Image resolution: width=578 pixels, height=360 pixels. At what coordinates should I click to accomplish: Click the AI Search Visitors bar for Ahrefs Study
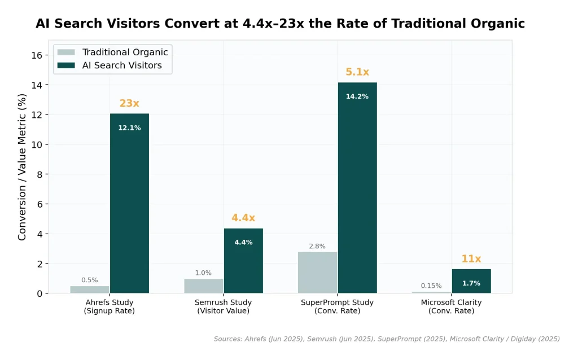(129, 203)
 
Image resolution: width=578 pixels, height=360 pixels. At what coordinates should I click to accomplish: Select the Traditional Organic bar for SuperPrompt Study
(317, 273)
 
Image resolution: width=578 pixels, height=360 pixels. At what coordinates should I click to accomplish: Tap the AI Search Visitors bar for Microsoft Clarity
(471, 281)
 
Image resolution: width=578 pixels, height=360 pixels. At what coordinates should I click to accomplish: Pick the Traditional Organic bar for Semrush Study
(203, 286)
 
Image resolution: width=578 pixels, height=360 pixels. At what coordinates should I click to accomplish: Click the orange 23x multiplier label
(129, 104)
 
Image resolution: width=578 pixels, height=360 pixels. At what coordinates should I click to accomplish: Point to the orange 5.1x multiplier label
(357, 72)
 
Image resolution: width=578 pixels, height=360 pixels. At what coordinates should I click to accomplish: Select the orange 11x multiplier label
(471, 260)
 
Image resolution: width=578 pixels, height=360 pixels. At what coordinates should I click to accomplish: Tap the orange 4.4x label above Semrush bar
(243, 218)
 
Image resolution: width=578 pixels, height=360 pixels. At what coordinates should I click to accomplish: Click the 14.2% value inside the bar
(357, 96)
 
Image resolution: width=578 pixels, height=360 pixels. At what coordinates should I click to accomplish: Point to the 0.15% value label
(431, 286)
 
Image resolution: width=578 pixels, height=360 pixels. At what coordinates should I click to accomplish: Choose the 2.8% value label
(317, 247)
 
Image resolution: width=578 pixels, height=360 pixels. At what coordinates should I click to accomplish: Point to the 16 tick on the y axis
(37, 55)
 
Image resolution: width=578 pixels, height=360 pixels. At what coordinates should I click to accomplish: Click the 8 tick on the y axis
(40, 174)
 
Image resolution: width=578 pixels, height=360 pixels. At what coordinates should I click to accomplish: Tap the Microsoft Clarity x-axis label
(451, 306)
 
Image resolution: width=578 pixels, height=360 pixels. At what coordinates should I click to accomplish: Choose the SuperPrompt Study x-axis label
(337, 306)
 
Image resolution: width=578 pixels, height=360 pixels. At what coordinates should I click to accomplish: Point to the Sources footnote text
(387, 339)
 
